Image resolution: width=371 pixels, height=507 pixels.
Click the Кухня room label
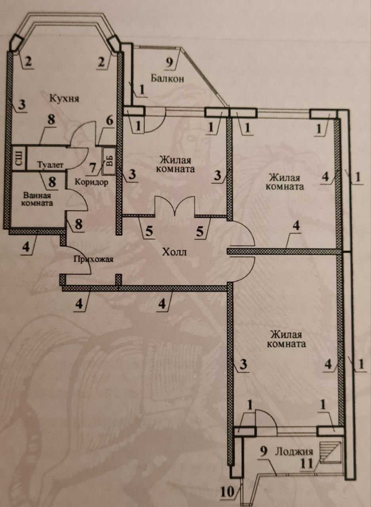pos(64,98)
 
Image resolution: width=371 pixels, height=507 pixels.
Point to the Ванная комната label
pos(38,199)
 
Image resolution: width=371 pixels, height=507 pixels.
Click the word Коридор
pos(91,183)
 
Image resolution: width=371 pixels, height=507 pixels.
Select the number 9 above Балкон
pos(169,62)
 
